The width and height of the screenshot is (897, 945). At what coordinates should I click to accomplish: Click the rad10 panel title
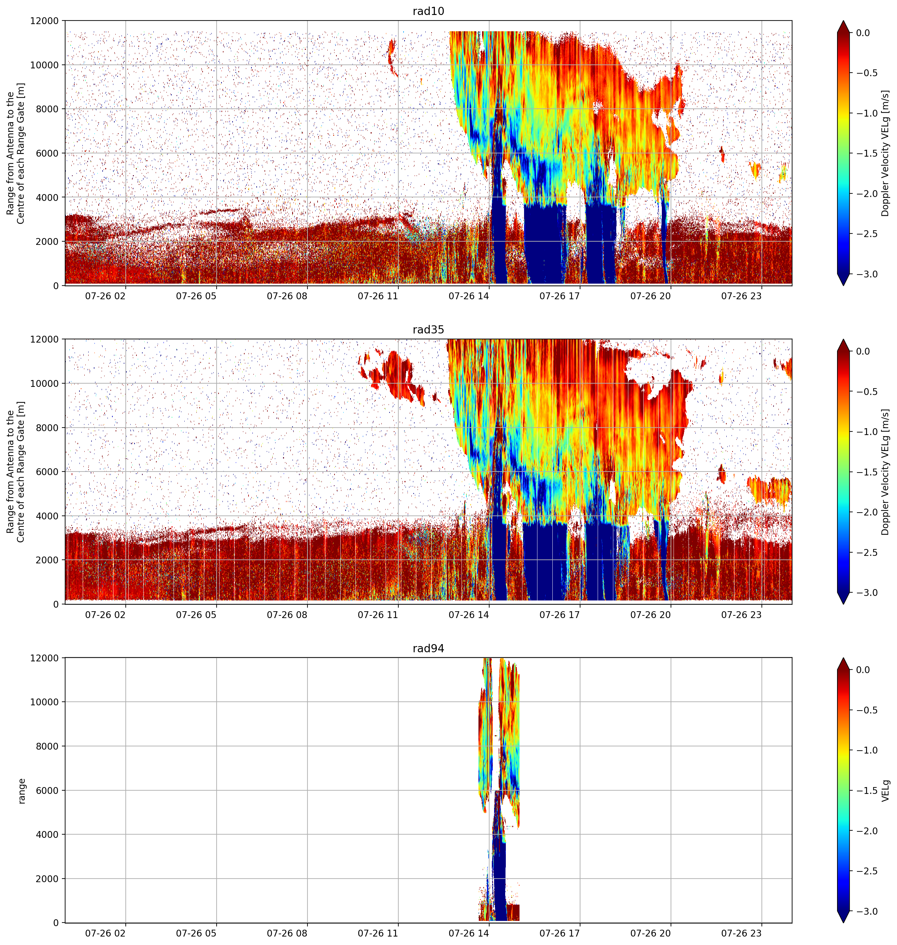click(428, 11)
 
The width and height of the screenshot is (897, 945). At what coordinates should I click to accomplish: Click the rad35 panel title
click(428, 330)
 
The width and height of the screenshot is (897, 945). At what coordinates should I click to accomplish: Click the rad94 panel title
click(428, 649)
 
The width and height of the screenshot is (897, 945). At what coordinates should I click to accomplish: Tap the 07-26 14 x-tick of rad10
click(469, 296)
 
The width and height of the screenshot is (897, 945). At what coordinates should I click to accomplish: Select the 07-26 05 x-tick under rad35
click(196, 615)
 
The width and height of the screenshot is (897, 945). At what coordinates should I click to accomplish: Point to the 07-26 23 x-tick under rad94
click(741, 934)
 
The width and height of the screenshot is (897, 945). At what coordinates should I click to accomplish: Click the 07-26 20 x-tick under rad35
click(650, 615)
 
